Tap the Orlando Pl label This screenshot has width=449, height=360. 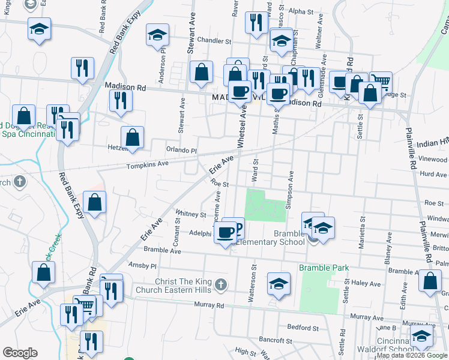pyautogui.click(x=181, y=150)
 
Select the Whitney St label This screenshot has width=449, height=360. pyautogui.click(x=191, y=214)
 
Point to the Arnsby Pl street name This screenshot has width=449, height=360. pyautogui.click(x=142, y=265)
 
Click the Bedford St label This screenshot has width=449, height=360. pyautogui.click(x=303, y=328)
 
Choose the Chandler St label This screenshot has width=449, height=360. pyautogui.click(x=215, y=41)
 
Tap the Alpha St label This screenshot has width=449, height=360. pyautogui.click(x=301, y=11)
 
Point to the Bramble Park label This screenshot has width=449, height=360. pyautogui.click(x=324, y=266)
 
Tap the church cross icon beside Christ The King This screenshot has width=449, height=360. pyautogui.click(x=221, y=284)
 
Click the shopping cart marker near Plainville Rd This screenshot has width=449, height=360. pyautogui.click(x=380, y=80)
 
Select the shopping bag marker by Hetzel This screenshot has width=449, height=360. pyautogui.click(x=133, y=137)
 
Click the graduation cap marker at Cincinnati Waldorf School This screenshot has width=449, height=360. pyautogui.click(x=421, y=337)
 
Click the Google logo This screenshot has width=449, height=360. pyautogui.click(x=20, y=353)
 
